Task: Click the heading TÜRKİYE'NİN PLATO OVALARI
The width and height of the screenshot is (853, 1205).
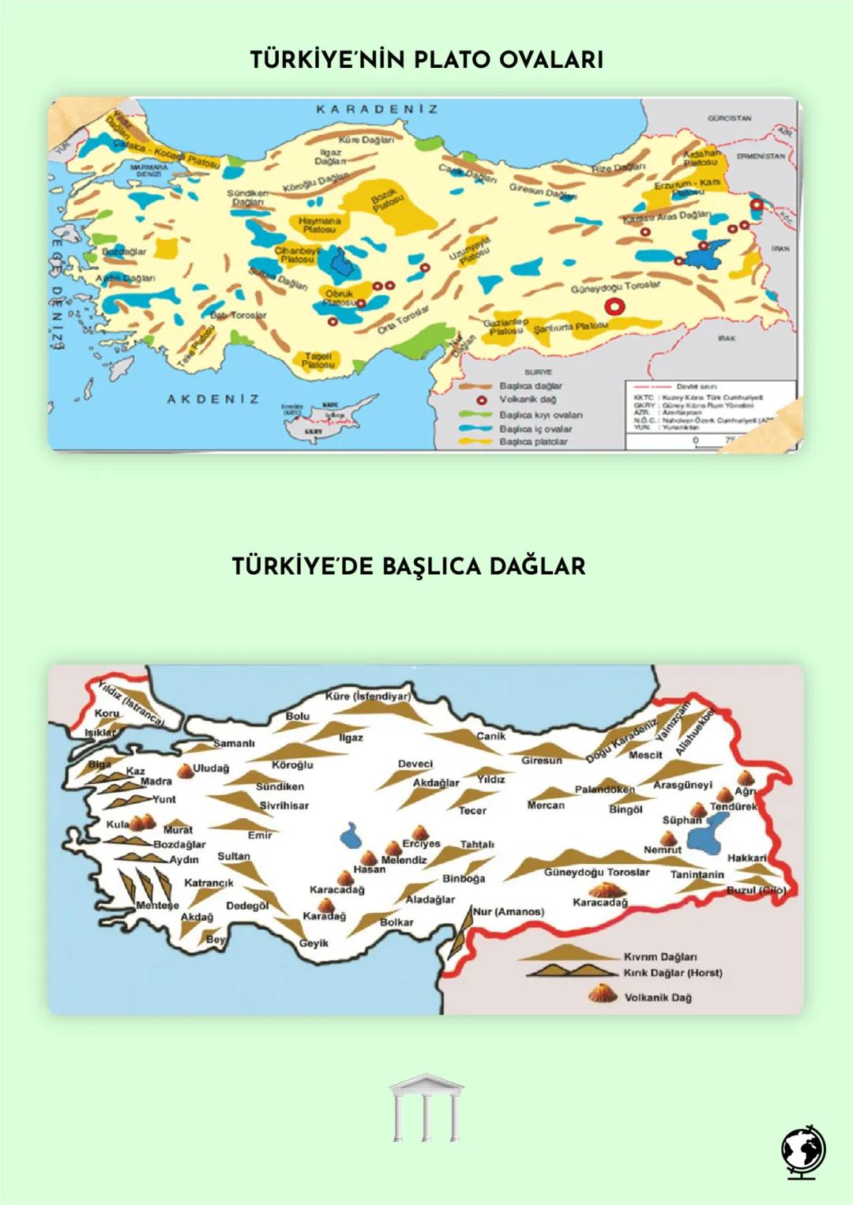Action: tap(426, 59)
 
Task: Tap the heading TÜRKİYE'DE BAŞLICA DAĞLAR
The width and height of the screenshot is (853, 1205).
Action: tap(408, 566)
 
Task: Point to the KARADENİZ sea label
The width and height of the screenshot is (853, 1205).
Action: tap(377, 109)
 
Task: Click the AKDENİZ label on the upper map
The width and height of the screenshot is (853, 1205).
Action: tap(212, 400)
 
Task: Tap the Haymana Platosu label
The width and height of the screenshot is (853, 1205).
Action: tap(319, 225)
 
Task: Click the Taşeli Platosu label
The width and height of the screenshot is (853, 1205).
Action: tap(318, 360)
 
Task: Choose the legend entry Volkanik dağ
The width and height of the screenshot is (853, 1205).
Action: tap(527, 400)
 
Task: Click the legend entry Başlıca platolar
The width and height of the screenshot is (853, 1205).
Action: tap(532, 441)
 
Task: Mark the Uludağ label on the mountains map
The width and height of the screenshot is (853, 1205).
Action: tap(210, 768)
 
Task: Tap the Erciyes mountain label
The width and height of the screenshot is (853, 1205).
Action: tap(421, 843)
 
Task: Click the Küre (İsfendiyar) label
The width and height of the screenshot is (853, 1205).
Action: tap(368, 696)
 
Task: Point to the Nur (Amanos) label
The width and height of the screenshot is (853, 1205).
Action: tap(508, 911)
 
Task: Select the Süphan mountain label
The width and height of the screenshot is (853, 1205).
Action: tap(681, 820)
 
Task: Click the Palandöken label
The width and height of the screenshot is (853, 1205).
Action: tap(604, 790)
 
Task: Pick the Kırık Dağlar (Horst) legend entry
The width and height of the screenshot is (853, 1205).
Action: tap(672, 973)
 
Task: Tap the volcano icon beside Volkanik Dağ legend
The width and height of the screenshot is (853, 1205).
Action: tap(603, 994)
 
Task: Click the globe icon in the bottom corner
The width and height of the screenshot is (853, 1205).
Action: tap(803, 1154)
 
